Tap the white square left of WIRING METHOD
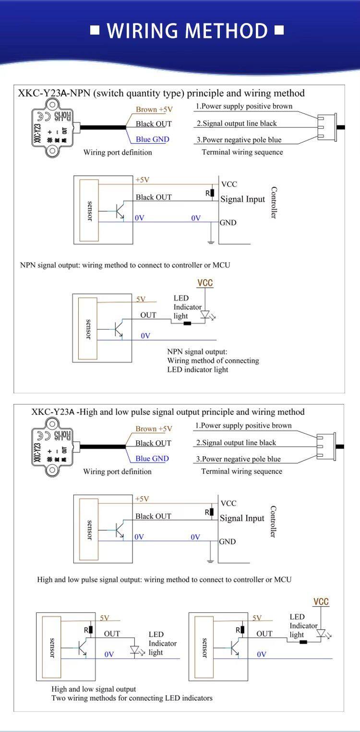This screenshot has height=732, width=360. [x=95, y=30]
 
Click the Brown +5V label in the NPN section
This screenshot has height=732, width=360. [x=154, y=110]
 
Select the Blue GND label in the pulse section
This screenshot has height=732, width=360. [x=152, y=459]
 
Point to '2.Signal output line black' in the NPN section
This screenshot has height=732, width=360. [x=237, y=123]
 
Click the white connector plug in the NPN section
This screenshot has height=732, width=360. [x=327, y=127]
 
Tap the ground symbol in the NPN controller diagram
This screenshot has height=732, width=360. [x=211, y=242]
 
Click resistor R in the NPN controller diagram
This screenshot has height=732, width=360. [x=212, y=193]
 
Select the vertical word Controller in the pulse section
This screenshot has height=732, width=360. [x=274, y=522]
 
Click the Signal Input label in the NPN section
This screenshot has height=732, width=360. [x=243, y=199]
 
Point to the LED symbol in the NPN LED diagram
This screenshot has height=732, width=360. [x=205, y=315]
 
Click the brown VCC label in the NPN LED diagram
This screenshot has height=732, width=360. [x=205, y=283]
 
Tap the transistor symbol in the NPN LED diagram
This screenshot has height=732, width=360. [x=118, y=329]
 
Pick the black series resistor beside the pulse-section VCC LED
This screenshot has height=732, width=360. [x=303, y=642]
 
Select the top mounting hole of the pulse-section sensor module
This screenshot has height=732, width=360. [x=52, y=424]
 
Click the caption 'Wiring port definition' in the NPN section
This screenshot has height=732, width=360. [x=118, y=152]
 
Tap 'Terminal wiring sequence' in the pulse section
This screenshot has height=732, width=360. [x=242, y=471]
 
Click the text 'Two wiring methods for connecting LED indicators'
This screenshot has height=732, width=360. [x=132, y=698]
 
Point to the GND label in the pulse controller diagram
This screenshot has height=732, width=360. [x=228, y=541]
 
